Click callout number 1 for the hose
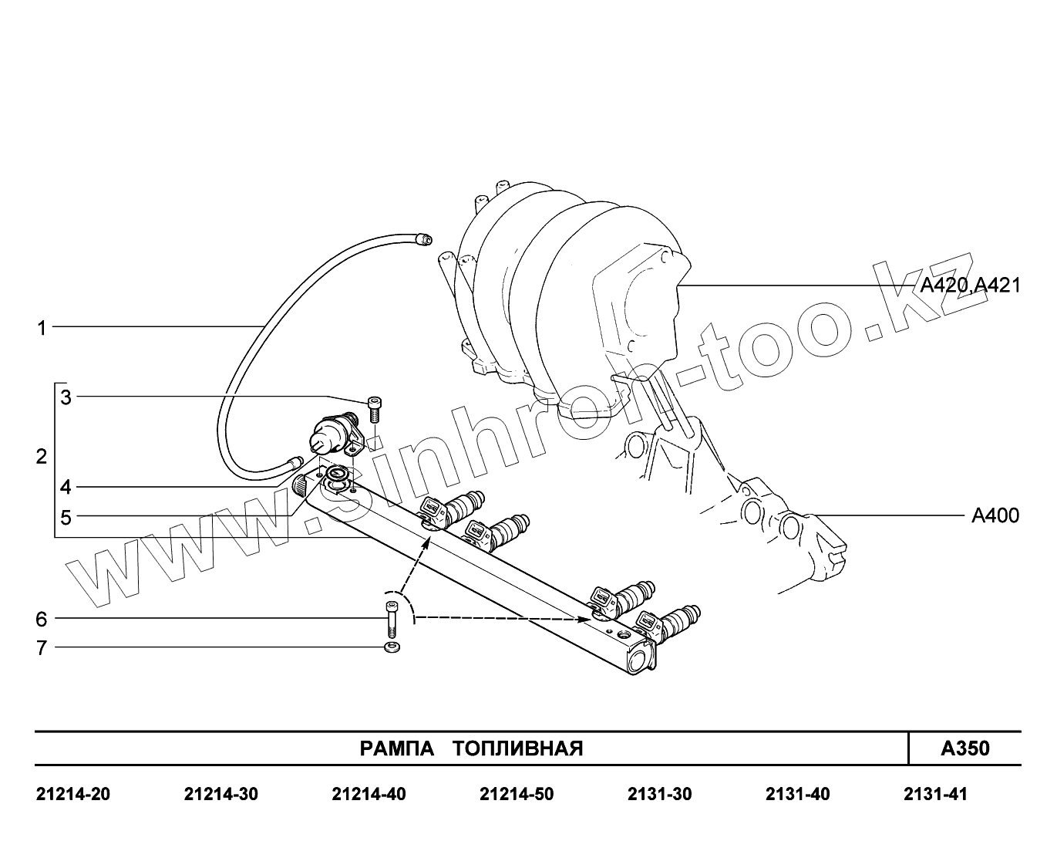[x=42, y=328]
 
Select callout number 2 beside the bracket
[x=42, y=456]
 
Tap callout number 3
[x=66, y=397]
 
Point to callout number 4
[x=66, y=487]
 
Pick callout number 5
[x=66, y=518]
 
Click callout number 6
[x=41, y=619]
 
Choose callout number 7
[x=42, y=648]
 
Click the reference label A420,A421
[x=971, y=285]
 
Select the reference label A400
[x=995, y=516]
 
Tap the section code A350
[x=965, y=748]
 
